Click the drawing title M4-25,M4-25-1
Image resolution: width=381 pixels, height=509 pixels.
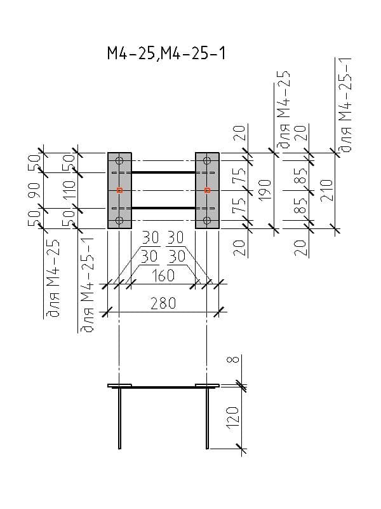(166, 55)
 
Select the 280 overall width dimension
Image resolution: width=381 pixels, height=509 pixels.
(163, 303)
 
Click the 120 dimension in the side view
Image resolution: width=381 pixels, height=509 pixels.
(233, 416)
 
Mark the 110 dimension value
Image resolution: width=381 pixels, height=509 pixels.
(69, 190)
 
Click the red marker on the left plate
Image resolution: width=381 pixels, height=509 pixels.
(119, 190)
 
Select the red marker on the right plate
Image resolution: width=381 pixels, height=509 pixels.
(207, 190)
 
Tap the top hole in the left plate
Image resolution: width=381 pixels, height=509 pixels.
(119, 161)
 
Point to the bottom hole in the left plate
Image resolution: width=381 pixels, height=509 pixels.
(119, 220)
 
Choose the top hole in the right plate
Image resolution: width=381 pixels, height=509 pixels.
(207, 161)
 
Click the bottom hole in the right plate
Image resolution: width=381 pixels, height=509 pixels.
(207, 220)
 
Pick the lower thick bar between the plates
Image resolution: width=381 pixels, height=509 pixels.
(163, 208)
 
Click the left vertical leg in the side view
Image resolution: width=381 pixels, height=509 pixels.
(119, 417)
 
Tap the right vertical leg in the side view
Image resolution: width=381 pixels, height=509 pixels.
(207, 417)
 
